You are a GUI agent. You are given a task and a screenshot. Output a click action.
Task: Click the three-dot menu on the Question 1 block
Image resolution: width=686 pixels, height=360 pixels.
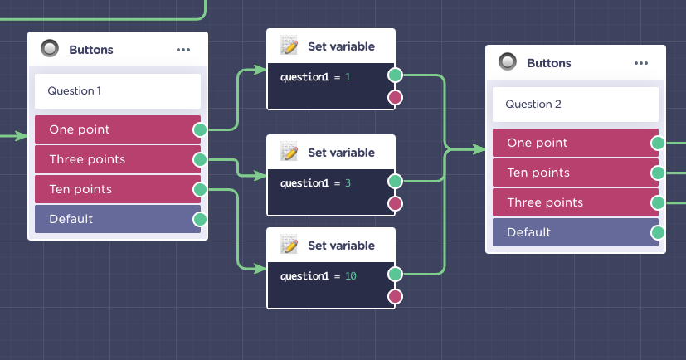coord(183,50)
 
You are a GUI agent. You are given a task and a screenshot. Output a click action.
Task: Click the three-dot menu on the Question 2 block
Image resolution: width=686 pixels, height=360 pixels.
coord(641,63)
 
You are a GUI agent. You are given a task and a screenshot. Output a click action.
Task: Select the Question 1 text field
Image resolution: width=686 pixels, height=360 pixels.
coord(118,91)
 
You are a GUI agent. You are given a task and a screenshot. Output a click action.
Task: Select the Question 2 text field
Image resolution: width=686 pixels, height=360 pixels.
coord(576,105)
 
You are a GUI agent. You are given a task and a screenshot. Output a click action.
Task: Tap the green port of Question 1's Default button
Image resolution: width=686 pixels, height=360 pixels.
coord(200,219)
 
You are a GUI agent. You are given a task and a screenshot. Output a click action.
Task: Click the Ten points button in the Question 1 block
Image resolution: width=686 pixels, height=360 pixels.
coord(118,189)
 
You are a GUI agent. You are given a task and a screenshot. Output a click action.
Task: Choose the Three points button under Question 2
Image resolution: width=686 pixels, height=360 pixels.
coord(576,202)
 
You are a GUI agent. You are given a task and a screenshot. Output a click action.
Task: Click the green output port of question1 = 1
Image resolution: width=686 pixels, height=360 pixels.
coord(395,75)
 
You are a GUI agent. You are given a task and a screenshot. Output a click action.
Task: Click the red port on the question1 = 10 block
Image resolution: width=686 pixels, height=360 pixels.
coord(395,297)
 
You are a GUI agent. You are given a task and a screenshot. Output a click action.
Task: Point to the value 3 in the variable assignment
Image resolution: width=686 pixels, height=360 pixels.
coord(348,183)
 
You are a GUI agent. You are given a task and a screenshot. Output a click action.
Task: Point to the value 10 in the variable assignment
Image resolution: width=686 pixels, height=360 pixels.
coord(350,276)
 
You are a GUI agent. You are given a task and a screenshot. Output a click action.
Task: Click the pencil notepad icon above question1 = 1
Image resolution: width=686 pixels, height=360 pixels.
coord(289,46)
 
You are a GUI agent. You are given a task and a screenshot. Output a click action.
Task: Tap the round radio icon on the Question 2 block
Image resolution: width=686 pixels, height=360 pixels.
coord(508,61)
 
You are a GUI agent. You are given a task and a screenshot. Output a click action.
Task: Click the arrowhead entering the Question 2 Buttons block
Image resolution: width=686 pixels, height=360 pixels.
coord(479,149)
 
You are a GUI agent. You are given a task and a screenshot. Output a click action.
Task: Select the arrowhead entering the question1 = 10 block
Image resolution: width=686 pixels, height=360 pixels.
coord(260,268)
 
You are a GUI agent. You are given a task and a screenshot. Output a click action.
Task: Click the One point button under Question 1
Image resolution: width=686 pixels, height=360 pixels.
coord(118,129)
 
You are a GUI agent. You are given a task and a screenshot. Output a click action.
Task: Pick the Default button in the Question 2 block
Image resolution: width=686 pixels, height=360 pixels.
coord(576,232)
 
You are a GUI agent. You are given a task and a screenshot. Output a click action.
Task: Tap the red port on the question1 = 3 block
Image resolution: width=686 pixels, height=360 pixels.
coord(395,204)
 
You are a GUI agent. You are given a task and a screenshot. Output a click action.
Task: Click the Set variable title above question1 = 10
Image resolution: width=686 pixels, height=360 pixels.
coord(341,246)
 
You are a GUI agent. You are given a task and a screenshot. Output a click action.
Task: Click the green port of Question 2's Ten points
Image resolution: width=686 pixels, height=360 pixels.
coord(658,173)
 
